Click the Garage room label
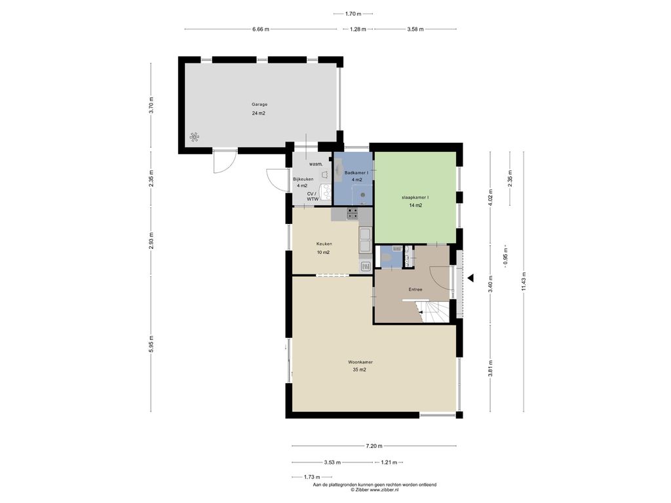pos(259,104)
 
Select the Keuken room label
pos(324,244)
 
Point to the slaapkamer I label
pos(415,198)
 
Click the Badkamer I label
pos(356,173)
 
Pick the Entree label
pos(415,289)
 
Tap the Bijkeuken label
pos(303,179)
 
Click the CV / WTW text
pos(313,196)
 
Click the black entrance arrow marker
pos(470,278)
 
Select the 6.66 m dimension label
pos(261,29)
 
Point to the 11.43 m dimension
pos(524,282)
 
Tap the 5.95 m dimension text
pos(151,343)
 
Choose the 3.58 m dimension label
pos(415,29)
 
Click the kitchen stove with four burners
pos(352,214)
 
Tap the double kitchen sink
pos(366,241)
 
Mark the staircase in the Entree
pos(434,311)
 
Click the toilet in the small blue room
pos(385,258)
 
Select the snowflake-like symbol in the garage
pos(194,138)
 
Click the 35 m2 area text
pos(360,370)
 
